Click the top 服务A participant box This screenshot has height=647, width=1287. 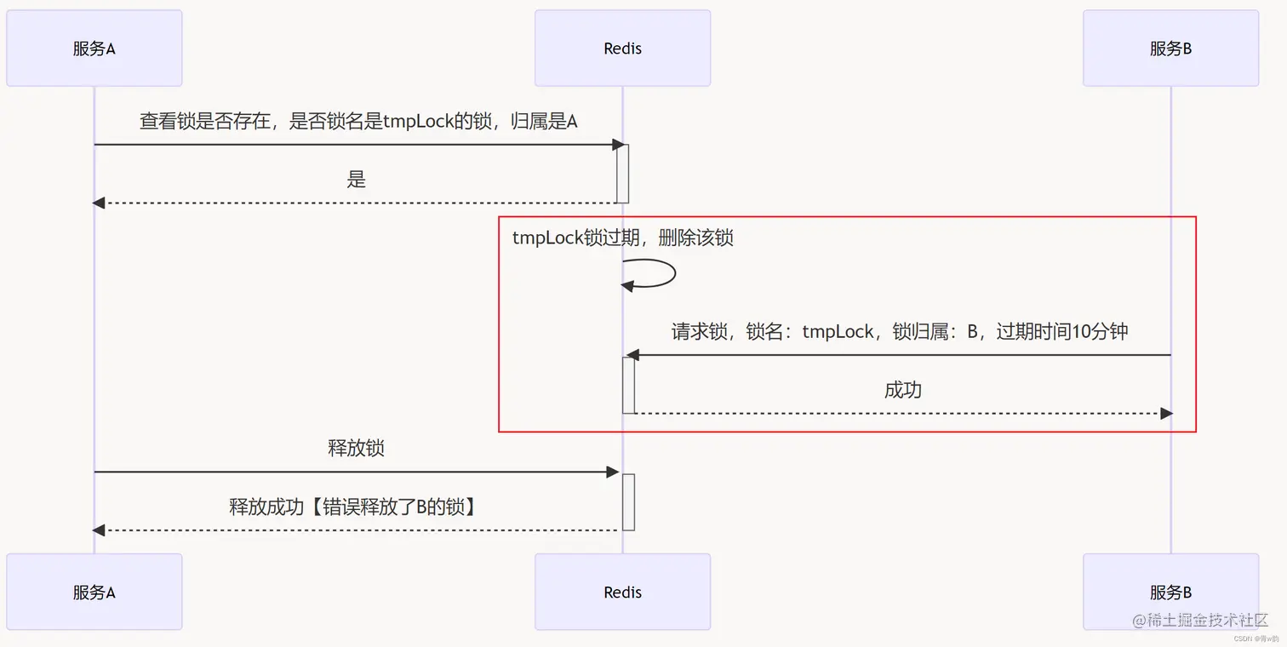pyautogui.click(x=94, y=49)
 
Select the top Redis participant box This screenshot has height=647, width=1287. pyautogui.click(x=622, y=49)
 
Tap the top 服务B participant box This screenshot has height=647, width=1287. pyautogui.click(x=1170, y=49)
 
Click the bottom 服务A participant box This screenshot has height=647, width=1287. pyautogui.click(x=94, y=592)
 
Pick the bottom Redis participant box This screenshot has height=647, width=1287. pyautogui.click(x=622, y=592)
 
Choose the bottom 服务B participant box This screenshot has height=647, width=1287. pyautogui.click(x=1170, y=592)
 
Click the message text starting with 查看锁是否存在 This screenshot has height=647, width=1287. pyautogui.click(x=358, y=122)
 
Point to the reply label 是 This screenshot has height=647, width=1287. pyautogui.click(x=356, y=180)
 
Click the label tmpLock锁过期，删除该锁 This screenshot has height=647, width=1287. pyautogui.click(x=622, y=238)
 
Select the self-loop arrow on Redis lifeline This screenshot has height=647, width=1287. pyautogui.click(x=660, y=274)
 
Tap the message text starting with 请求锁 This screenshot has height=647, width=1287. pyautogui.click(x=900, y=332)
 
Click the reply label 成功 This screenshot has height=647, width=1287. pyautogui.click(x=903, y=390)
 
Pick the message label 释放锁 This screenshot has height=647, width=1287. pyautogui.click(x=356, y=448)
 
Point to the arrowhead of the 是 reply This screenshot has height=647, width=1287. pyautogui.click(x=99, y=203)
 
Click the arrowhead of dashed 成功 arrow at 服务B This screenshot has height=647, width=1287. pyautogui.click(x=1166, y=414)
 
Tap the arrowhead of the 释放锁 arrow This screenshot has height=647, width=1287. pyautogui.click(x=612, y=472)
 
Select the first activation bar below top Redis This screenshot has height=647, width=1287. pyautogui.click(x=622, y=174)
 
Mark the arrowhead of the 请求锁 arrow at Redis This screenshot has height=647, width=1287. pyautogui.click(x=632, y=355)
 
